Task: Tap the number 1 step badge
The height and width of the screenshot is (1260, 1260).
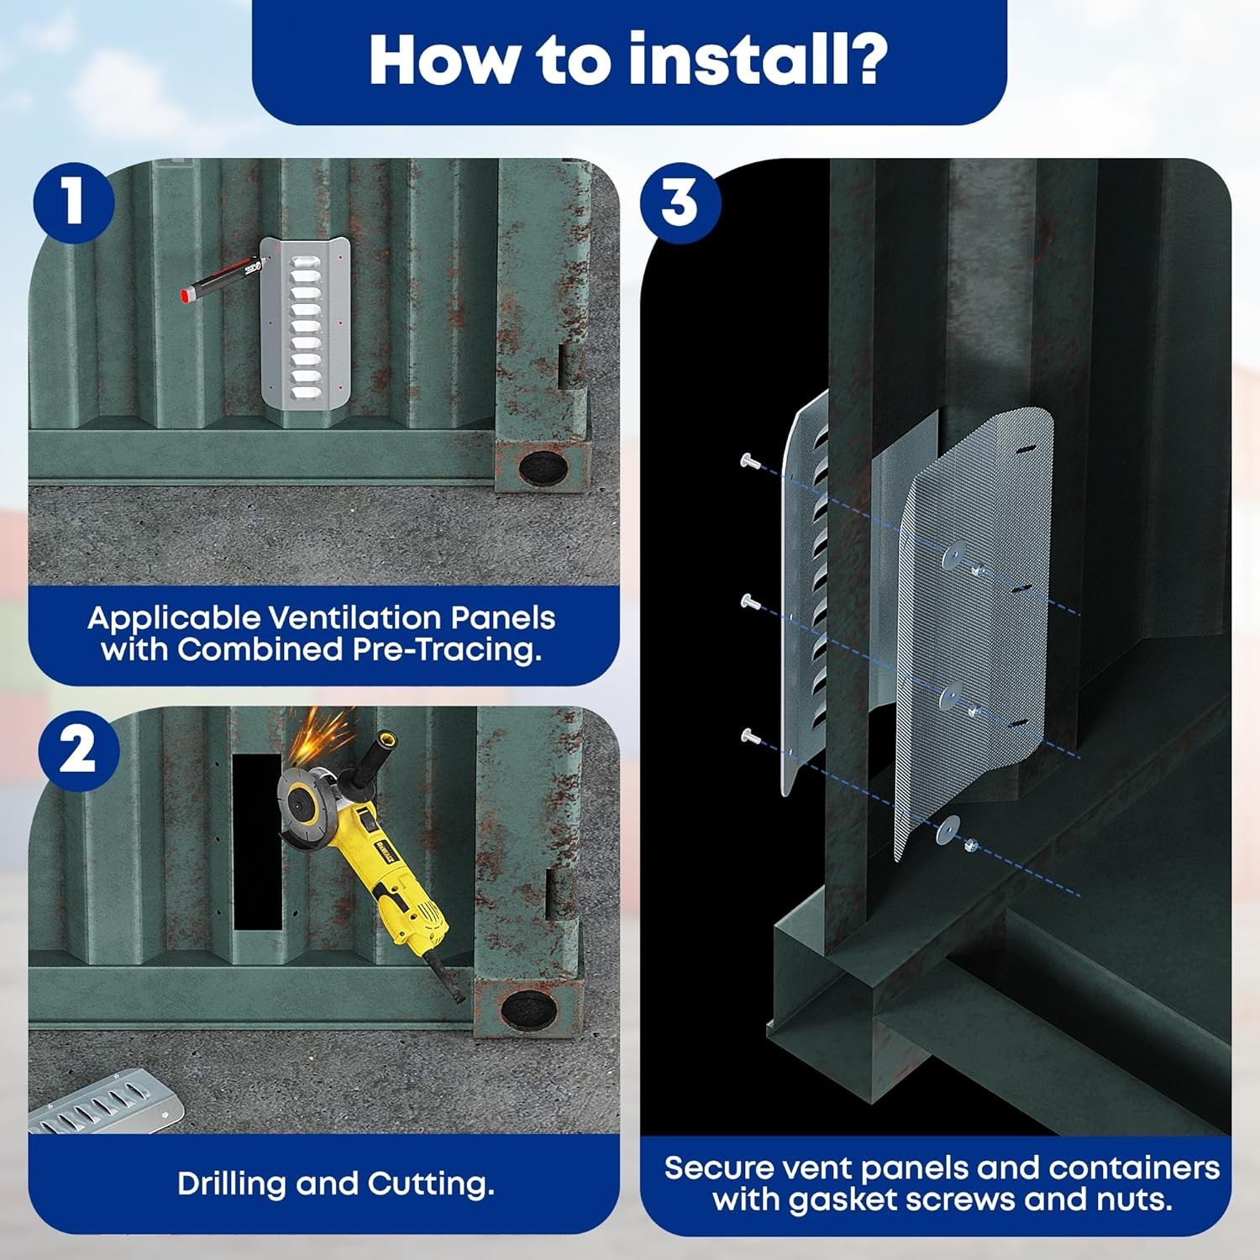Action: click(x=74, y=202)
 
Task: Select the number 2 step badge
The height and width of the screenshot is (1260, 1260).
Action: click(x=77, y=749)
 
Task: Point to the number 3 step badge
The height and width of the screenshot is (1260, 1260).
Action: click(x=680, y=202)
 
